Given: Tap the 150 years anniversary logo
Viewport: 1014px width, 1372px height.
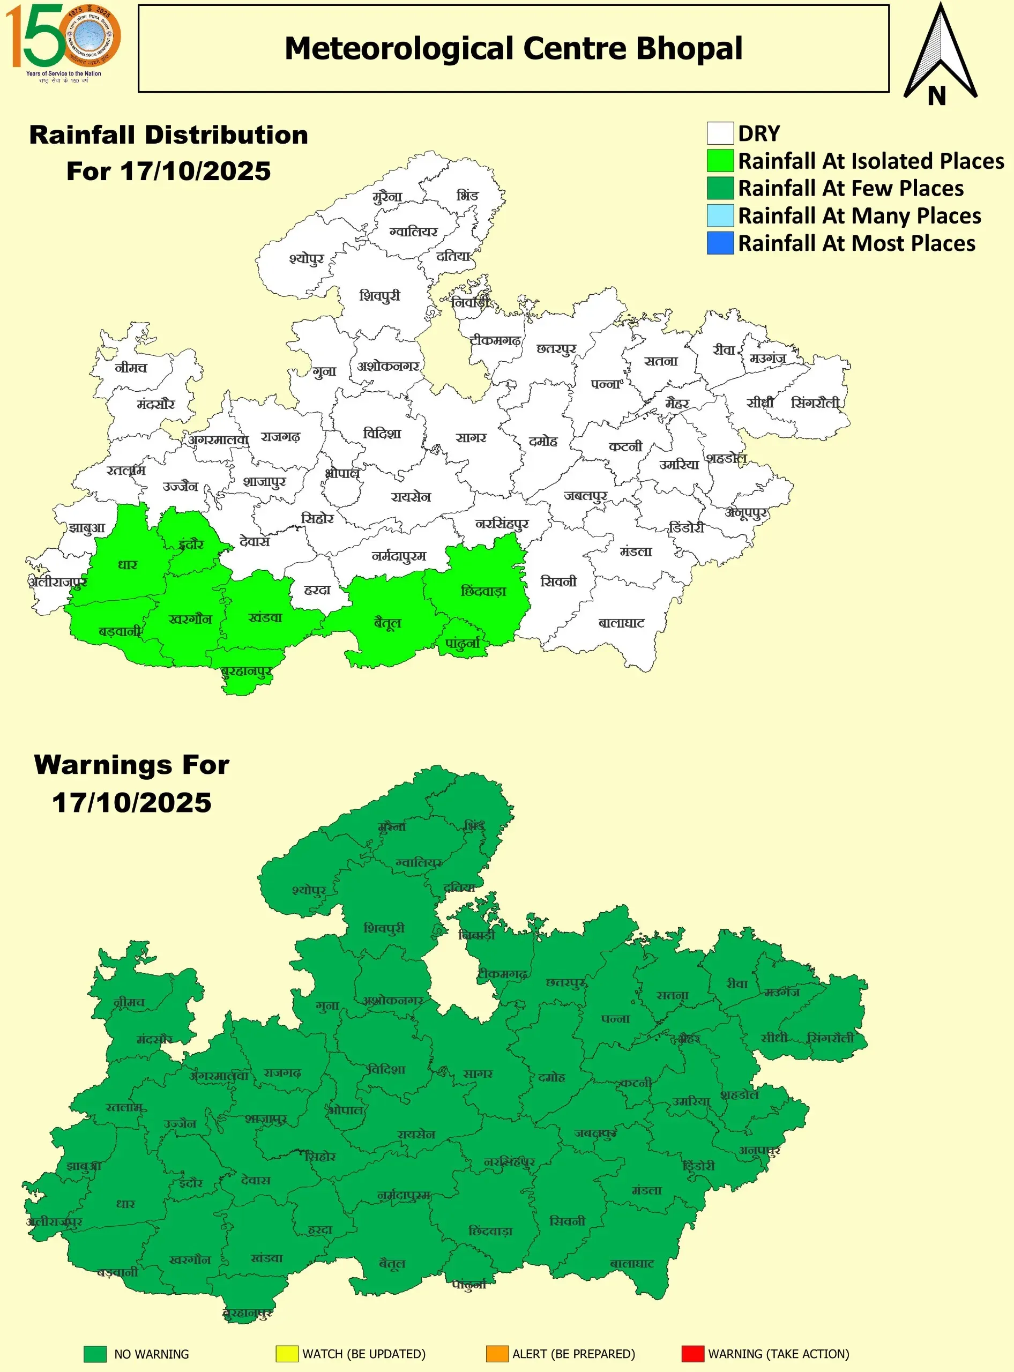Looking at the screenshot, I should coord(63,42).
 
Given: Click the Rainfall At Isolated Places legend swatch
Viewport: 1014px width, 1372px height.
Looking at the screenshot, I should coord(719,161).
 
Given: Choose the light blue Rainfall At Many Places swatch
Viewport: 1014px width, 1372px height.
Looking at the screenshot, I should coord(719,215).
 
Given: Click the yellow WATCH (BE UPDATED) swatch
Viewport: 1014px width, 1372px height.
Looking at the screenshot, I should coord(287,1354).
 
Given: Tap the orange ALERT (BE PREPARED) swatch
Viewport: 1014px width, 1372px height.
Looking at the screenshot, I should coord(497,1354).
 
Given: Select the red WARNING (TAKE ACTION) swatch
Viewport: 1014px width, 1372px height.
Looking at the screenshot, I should coord(692,1354).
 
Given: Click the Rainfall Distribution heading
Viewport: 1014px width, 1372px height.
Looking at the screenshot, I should coord(169,135).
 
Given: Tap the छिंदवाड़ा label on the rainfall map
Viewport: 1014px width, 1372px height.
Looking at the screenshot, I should coord(483,591).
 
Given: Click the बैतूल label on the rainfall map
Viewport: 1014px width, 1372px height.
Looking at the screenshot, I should coord(387,623).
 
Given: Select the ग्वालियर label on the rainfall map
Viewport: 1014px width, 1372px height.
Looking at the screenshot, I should coord(414,232).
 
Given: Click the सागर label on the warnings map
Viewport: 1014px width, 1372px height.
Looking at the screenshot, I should coord(478,1073).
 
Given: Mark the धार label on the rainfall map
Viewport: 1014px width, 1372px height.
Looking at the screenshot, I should coord(128,565).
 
